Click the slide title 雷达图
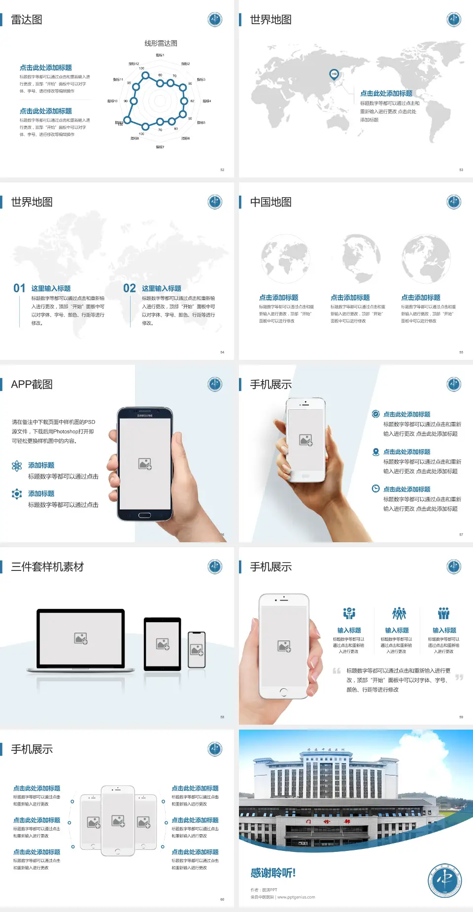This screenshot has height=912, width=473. [27, 20]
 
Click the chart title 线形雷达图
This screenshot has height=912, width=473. [161, 43]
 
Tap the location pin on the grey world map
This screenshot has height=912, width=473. [334, 74]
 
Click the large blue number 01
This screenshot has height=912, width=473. [19, 288]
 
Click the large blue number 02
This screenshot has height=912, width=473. [130, 288]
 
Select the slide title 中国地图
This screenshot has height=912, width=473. [270, 202]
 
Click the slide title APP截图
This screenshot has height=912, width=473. [32, 385]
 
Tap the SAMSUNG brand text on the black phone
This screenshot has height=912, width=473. [145, 416]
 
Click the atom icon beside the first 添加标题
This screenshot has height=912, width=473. [17, 466]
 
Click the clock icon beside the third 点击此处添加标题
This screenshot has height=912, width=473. [375, 489]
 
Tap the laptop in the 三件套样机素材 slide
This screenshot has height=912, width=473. [81, 639]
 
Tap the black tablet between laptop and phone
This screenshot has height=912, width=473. [163, 643]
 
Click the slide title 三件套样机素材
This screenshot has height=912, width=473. [47, 567]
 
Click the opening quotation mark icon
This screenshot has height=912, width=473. [337, 671]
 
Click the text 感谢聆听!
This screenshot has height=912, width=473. [273, 873]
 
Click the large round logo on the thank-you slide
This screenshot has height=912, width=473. [444, 880]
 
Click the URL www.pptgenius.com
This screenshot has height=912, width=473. [296, 897]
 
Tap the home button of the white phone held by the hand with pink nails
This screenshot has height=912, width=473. [283, 692]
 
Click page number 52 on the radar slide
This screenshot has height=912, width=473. [222, 170]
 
